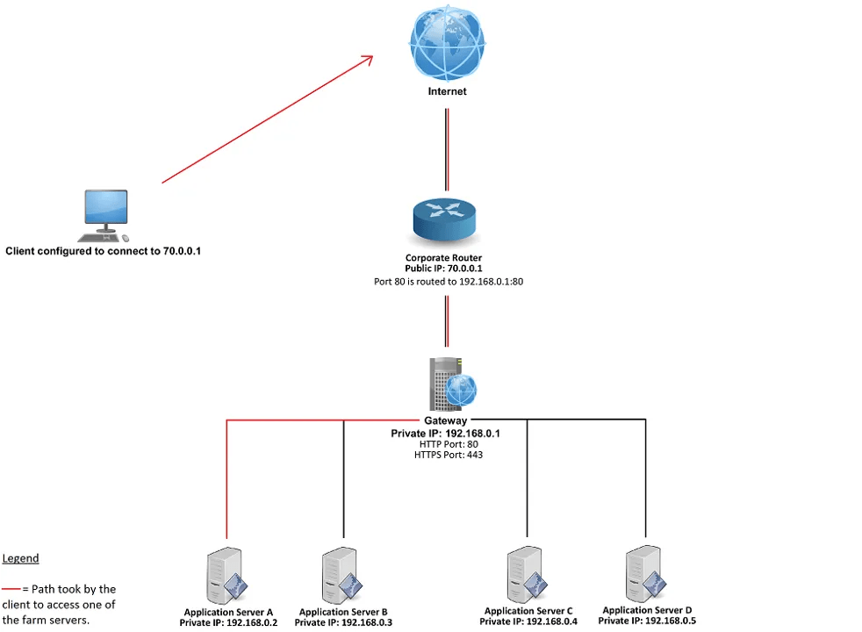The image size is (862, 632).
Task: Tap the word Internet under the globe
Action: (447, 91)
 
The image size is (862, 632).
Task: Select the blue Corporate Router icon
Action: (443, 219)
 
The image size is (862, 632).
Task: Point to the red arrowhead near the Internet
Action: (367, 60)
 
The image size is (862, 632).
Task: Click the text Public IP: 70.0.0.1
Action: (443, 269)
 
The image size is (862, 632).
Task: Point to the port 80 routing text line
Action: (443, 282)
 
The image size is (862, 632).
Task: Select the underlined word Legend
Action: (20, 558)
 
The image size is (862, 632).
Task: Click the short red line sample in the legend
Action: (11, 589)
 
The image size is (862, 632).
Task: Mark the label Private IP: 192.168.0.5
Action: (648, 621)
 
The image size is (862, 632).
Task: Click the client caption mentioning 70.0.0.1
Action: (104, 251)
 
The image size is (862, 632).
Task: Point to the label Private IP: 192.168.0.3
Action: (343, 622)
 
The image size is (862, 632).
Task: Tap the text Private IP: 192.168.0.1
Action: (446, 434)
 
